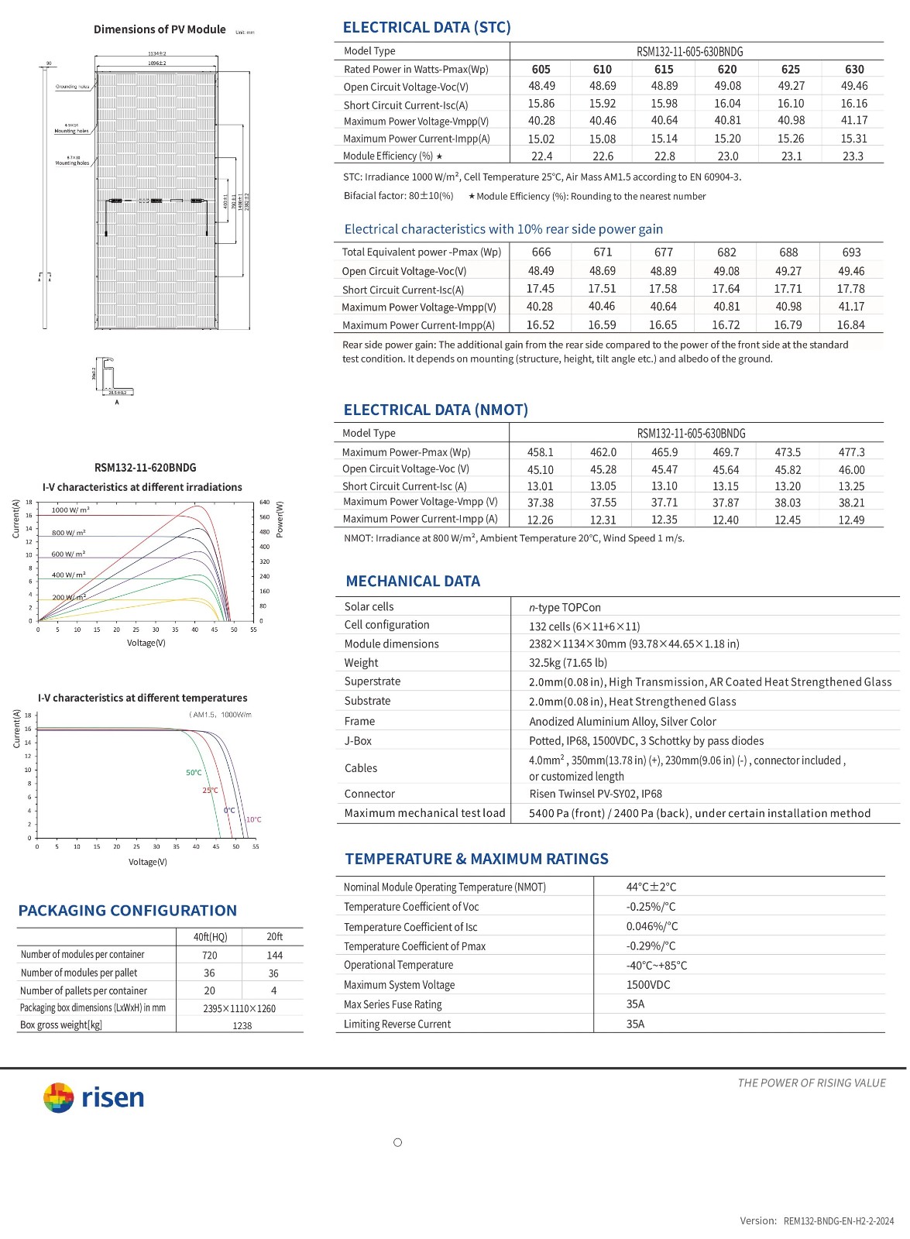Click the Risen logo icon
[x=58, y=1097]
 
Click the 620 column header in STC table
[x=727, y=69]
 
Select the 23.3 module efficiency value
[x=853, y=156]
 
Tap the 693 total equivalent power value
[x=851, y=252]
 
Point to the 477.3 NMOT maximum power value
[x=851, y=452]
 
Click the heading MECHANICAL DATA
[x=413, y=581]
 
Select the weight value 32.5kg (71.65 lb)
[x=568, y=663]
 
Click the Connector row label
[x=369, y=794]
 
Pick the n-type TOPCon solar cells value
[x=565, y=607]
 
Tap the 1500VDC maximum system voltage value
[x=648, y=985]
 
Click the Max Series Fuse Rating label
[x=393, y=1004]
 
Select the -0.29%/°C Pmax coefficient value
[x=651, y=946]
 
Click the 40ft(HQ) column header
[x=210, y=936]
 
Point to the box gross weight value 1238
[x=242, y=1025]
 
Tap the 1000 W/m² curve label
[x=70, y=510]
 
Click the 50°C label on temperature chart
[x=194, y=772]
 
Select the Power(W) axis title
[x=280, y=519]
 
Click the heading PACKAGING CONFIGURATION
[x=128, y=911]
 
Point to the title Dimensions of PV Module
[x=160, y=29]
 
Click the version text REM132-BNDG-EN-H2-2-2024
[x=838, y=1221]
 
